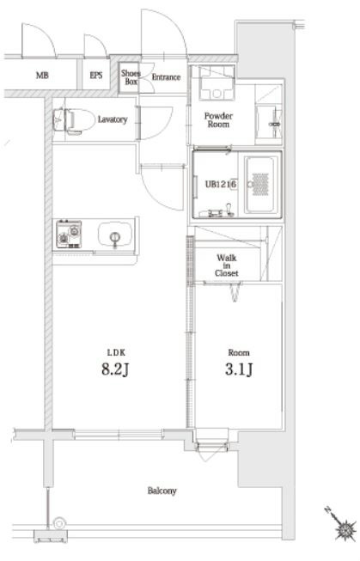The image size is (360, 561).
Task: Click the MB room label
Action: [42, 76]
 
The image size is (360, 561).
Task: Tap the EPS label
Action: [96, 76]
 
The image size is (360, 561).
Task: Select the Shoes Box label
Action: [131, 77]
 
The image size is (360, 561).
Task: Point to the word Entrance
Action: [166, 77]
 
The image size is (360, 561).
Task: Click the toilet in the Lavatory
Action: [72, 120]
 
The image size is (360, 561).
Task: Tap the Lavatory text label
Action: [113, 119]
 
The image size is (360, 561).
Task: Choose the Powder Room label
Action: [218, 120]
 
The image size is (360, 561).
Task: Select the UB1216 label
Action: [221, 185]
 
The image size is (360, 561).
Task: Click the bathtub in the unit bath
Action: [260, 185]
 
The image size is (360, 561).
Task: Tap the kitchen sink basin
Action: [114, 235]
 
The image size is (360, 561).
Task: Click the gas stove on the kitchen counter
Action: [69, 235]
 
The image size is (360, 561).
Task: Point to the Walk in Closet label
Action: [227, 265]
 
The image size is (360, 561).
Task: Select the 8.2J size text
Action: [115, 369]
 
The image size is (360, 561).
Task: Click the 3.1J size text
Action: [239, 369]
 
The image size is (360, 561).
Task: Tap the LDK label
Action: [116, 353]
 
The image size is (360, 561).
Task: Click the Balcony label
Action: [162, 491]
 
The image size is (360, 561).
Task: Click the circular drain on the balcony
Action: [59, 524]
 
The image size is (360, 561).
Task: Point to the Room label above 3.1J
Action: [239, 353]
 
